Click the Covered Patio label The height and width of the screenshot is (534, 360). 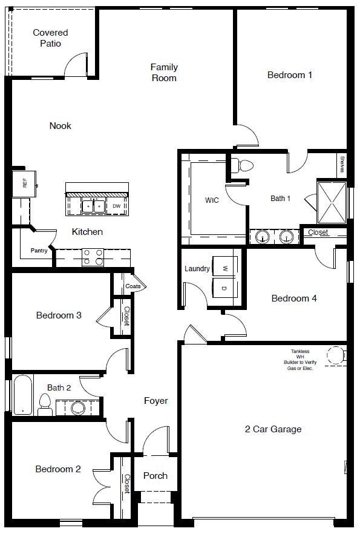click(50, 38)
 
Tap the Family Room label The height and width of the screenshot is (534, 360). click(164, 73)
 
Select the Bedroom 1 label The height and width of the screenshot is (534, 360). click(290, 75)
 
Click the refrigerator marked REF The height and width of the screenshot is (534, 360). click(25, 183)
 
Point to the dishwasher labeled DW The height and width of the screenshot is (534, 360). click(117, 206)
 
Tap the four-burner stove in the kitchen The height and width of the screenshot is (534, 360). click(91, 257)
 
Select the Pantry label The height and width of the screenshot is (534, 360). click(39, 251)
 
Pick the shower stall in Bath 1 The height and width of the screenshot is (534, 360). click(330, 201)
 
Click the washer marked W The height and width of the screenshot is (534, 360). click(223, 268)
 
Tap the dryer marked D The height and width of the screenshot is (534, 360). click(223, 288)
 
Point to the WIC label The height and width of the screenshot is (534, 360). click(212, 199)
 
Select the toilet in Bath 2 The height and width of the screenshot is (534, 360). click(45, 404)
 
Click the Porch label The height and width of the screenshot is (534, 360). click(155, 476)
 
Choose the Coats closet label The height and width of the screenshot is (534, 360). click(133, 286)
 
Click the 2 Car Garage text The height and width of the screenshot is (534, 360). click(273, 429)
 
